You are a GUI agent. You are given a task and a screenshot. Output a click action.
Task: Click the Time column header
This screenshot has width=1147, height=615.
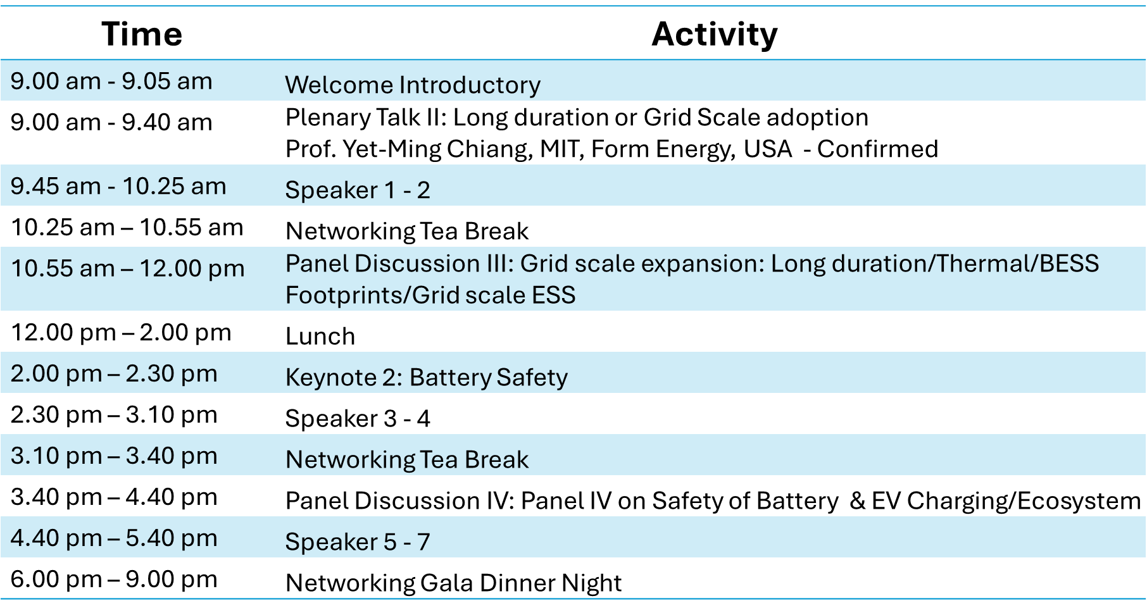[142, 34]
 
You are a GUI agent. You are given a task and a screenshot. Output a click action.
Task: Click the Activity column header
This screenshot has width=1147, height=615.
[715, 34]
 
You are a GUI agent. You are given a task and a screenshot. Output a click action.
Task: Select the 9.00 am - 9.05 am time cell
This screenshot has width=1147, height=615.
[111, 81]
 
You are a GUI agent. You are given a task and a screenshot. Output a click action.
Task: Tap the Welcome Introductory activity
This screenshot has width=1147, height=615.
[413, 85]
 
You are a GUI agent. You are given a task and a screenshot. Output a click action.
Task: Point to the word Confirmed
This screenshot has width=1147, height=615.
[877, 149]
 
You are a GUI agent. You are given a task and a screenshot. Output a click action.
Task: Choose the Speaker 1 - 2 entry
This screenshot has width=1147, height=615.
[358, 190]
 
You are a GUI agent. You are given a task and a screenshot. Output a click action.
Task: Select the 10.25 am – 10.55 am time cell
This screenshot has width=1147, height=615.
[127, 227]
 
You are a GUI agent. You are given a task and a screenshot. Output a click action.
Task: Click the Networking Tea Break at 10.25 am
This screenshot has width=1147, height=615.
[407, 231]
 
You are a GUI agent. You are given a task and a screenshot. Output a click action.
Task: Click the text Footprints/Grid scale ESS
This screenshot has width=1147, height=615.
[430, 295]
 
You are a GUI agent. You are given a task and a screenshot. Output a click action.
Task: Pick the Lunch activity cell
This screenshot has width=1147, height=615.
[320, 336]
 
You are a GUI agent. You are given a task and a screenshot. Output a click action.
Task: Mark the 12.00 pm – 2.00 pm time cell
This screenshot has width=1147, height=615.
[121, 332]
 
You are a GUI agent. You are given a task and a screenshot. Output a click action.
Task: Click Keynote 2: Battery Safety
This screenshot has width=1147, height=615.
[427, 378]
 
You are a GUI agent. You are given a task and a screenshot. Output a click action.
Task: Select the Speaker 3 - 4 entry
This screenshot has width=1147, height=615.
[358, 418]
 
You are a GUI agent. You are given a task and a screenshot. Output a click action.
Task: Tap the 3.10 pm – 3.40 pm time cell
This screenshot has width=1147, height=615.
[114, 456]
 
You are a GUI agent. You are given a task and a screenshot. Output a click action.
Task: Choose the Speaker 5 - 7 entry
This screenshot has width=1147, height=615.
[358, 542]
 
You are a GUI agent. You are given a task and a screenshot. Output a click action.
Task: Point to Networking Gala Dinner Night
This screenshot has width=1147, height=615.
[454, 583]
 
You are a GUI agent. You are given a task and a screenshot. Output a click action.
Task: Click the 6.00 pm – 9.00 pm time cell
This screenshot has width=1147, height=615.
[114, 579]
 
